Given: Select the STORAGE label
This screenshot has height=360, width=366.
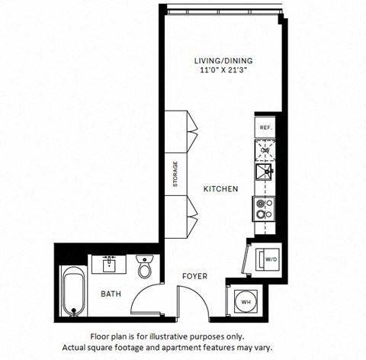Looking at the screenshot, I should pos(175,174).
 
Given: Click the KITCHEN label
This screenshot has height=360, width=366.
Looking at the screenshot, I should pos(221,188).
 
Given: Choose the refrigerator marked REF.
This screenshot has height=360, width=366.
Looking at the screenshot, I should pos(265,127).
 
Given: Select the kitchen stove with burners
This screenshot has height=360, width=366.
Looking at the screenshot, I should pos(265,208).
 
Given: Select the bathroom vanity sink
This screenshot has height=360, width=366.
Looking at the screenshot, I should pos(108,265).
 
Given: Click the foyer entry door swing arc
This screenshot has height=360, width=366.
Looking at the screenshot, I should pos(200,301).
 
